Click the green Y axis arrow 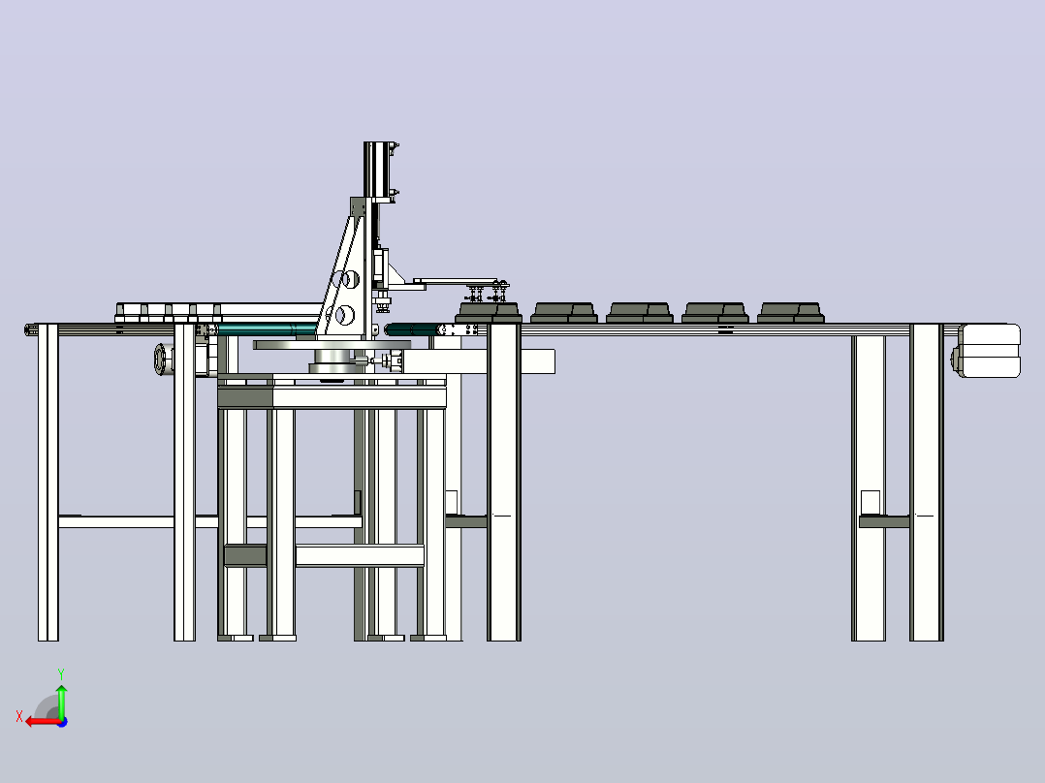[x=61, y=701]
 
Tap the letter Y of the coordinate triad [x=61, y=674]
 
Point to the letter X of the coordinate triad [x=19, y=716]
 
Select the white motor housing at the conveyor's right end [x=989, y=351]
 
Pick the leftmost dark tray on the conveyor [x=489, y=313]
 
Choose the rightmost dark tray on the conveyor [x=791, y=313]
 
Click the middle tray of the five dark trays [x=640, y=313]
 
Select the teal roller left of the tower [x=267, y=329]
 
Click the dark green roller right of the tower [x=413, y=329]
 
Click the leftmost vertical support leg [x=48, y=483]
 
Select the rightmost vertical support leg [x=927, y=483]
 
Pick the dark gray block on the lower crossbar [x=245, y=555]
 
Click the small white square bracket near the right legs [x=871, y=502]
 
